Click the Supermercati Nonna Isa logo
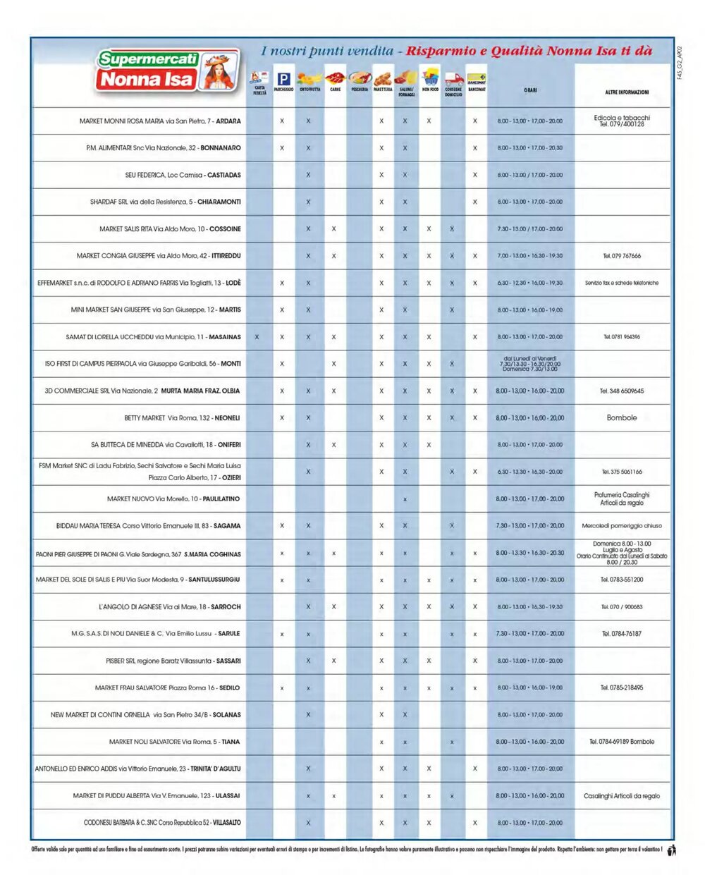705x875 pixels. click(x=168, y=71)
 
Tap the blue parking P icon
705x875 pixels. click(x=283, y=79)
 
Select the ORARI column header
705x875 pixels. click(x=530, y=90)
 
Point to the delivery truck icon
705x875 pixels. click(x=453, y=80)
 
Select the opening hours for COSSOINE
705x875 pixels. click(x=530, y=229)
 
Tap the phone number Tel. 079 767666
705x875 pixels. click(x=622, y=256)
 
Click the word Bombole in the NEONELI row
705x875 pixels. click(x=622, y=417)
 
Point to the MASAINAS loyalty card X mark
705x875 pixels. click(x=257, y=337)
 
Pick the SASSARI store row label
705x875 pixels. click(x=173, y=661)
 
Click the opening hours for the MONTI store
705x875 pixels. click(x=530, y=364)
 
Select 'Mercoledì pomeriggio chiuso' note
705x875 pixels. click(x=622, y=526)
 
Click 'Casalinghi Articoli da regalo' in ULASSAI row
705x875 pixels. click(x=622, y=796)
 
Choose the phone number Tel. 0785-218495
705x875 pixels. click(x=622, y=687)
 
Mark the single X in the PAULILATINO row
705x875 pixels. click(x=405, y=499)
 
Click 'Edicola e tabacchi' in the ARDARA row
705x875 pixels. click(x=622, y=118)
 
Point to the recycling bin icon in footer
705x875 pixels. click(x=671, y=850)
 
